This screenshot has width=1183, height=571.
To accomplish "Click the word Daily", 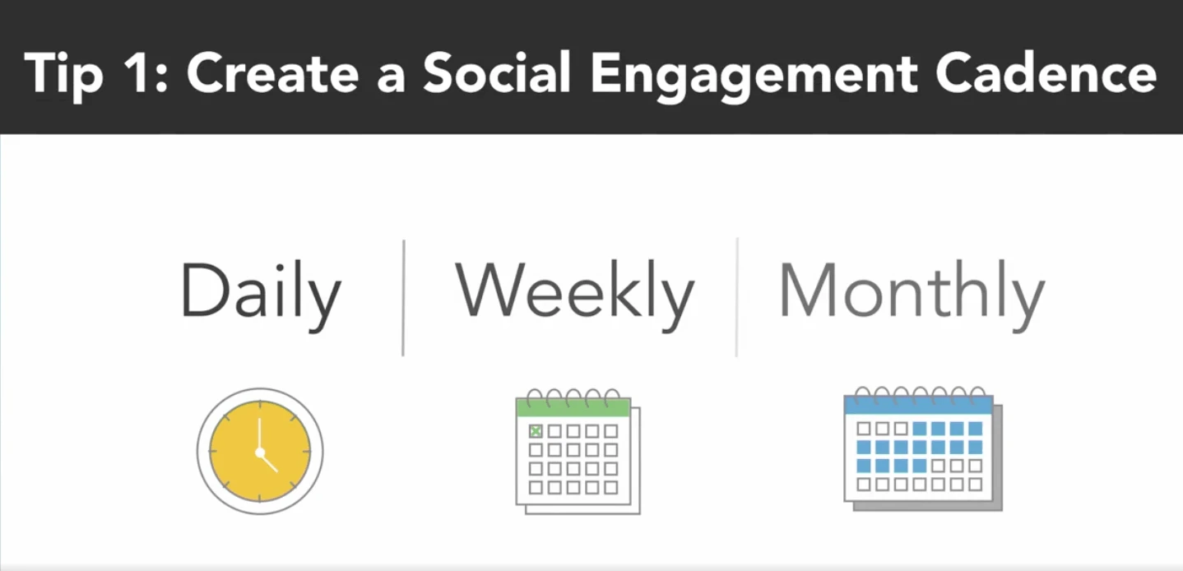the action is pos(261,296).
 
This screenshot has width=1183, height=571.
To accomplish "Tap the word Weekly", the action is pos(574,296).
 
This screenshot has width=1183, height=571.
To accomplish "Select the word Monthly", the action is pos(912,296).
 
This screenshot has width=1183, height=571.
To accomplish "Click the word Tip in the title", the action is pos(63,75).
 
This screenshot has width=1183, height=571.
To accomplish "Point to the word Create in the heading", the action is pos(272,73).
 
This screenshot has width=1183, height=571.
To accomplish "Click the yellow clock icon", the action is pos(260,451).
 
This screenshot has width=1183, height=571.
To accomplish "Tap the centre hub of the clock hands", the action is pos(260,453).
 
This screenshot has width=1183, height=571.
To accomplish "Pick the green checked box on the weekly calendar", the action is pos(536,431).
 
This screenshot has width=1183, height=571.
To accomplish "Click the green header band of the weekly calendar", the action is pos(573,408).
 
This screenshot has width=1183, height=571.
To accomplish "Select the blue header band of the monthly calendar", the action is pos(919,405).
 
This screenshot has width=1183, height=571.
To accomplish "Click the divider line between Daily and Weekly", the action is pos(403,298).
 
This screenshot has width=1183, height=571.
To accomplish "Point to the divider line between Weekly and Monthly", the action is pos(737,297).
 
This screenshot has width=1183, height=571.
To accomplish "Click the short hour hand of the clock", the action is pos(269,462).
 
